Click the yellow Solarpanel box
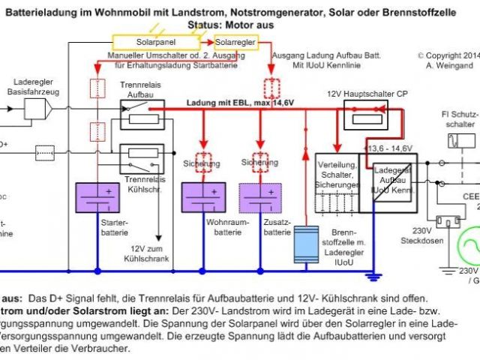click(156, 43)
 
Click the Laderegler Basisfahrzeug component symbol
click(38, 110)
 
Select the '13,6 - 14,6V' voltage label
click(389, 148)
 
